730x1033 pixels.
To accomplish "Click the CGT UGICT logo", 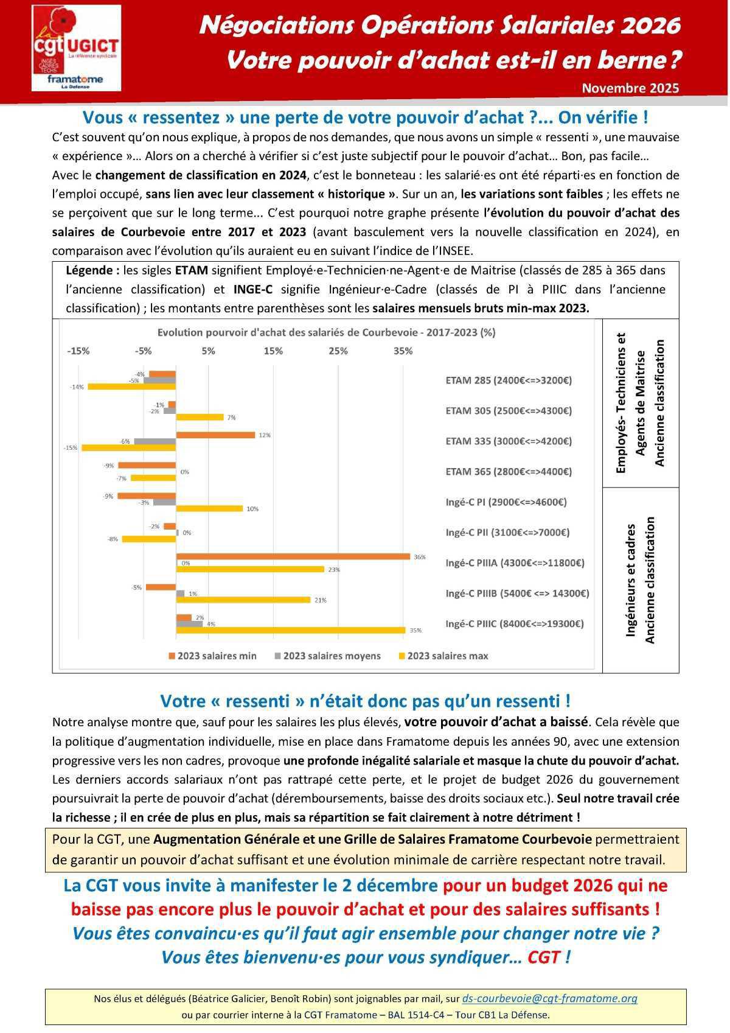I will click(x=76, y=48).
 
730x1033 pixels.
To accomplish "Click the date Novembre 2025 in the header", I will click(x=630, y=88).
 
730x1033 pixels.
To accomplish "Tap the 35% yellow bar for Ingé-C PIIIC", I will click(x=291, y=630).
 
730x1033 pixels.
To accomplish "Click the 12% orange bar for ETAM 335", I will click(x=215, y=435).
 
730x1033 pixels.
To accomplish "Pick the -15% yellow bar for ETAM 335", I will click(x=128, y=447).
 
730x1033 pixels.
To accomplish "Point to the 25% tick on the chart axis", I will click(x=338, y=351).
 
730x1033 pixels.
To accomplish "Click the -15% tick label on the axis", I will click(x=78, y=351).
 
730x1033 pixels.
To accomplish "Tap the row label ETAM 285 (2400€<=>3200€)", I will click(x=509, y=380).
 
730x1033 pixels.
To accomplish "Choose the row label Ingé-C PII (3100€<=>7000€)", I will click(x=507, y=533).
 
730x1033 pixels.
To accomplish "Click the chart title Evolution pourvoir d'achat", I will click(x=326, y=332).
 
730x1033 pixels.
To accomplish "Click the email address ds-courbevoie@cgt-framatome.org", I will click(x=549, y=998).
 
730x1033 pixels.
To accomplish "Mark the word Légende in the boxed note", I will click(x=91, y=270).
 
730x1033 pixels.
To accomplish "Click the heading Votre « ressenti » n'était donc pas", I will click(x=365, y=701).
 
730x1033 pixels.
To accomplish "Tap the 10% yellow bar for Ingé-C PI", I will click(x=209, y=508).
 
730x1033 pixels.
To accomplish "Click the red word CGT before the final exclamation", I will click(x=544, y=958).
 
